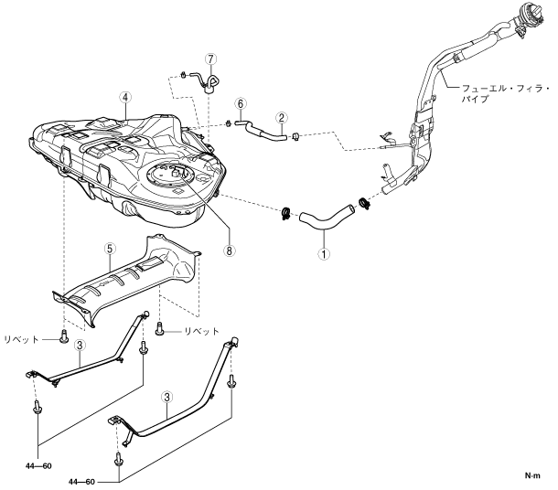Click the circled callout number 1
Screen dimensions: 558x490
(324, 254)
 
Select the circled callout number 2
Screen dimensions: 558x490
(281, 118)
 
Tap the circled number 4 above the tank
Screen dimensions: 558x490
(125, 97)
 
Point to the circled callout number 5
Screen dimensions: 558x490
(110, 249)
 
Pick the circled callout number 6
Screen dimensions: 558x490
(241, 104)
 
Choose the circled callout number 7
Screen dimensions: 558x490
(210, 59)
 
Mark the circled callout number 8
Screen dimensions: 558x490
(230, 250)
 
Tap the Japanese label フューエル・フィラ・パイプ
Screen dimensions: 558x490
(506, 93)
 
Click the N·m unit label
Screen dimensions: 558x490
(532, 475)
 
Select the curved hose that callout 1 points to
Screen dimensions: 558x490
(327, 218)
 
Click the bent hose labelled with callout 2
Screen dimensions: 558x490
(266, 132)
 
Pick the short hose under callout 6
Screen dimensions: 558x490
(242, 122)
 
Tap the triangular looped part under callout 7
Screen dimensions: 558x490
(212, 83)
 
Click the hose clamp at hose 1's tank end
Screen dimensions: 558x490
(286, 214)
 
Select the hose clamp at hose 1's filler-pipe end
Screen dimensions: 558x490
(365, 203)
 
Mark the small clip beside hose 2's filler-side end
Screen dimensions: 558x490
(296, 136)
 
